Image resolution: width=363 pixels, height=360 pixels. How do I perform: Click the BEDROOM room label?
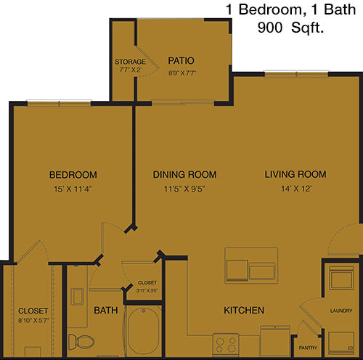tap(73, 175)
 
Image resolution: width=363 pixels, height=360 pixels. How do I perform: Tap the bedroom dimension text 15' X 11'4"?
tap(73, 189)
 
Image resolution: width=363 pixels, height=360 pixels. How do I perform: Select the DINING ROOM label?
tap(184, 174)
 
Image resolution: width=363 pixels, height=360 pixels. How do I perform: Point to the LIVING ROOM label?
tap(295, 174)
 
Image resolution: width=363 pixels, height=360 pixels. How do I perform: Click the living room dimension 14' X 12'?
tap(296, 189)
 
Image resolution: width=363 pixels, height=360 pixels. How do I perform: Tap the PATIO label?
tap(181, 60)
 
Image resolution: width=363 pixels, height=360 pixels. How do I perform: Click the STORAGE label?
tap(130, 62)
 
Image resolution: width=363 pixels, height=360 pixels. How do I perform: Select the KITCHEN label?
tap(244, 310)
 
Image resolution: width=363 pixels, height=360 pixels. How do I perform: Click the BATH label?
tap(106, 310)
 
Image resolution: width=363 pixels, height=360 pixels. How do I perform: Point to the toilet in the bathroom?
tap(81, 342)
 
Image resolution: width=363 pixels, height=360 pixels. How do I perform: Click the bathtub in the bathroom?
tap(144, 331)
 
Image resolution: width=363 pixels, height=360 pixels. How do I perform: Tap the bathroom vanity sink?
tap(77, 296)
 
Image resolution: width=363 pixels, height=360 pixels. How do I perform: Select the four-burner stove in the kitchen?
tap(226, 345)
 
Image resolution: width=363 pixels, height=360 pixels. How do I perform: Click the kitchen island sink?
tap(262, 272)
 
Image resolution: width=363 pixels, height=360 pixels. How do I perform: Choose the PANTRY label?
tap(308, 348)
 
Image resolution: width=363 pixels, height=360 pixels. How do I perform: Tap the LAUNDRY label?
tap(341, 311)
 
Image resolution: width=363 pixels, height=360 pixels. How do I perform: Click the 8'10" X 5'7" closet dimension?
tap(33, 321)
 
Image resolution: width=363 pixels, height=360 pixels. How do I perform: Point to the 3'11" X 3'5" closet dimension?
tap(147, 290)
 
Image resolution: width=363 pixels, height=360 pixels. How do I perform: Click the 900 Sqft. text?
tap(290, 28)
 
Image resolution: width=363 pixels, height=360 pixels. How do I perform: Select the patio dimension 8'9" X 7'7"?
tap(182, 73)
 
